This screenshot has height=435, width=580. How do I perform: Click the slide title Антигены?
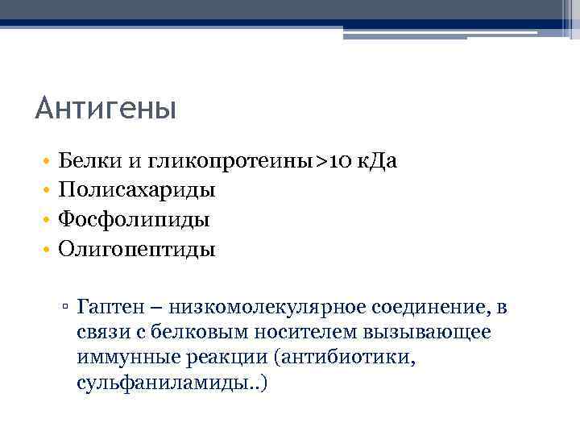[x=106, y=107]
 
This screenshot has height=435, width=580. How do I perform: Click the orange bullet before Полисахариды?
[x=48, y=191]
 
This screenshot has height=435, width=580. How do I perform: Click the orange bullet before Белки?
[x=48, y=162]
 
